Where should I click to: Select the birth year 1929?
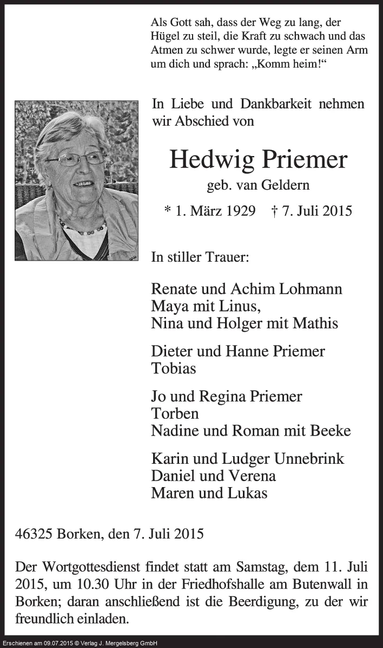pyautogui.click(x=237, y=210)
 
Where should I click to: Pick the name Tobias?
pyautogui.click(x=174, y=368)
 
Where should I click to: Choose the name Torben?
pyautogui.click(x=175, y=413)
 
